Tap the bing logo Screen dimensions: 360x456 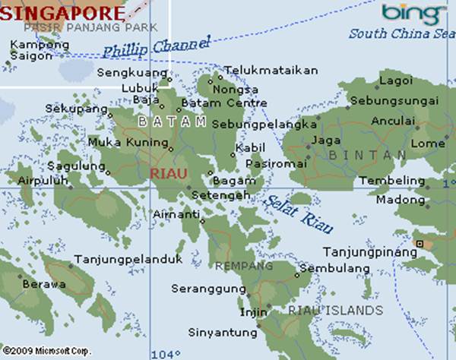pos(413,13)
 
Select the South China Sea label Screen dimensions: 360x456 pos(402,33)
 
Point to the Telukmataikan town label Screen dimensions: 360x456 pos(271,70)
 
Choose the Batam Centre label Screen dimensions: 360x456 pos(224,103)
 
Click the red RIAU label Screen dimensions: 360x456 pos(168,173)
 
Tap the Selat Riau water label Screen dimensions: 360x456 pos(290,212)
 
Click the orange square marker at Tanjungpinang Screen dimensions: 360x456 pos(419,243)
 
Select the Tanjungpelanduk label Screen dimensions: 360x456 pos(128,260)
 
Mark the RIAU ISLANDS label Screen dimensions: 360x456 pos(335,311)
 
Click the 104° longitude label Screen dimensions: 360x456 pos(166,354)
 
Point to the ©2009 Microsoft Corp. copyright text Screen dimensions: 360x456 pos(46,352)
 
